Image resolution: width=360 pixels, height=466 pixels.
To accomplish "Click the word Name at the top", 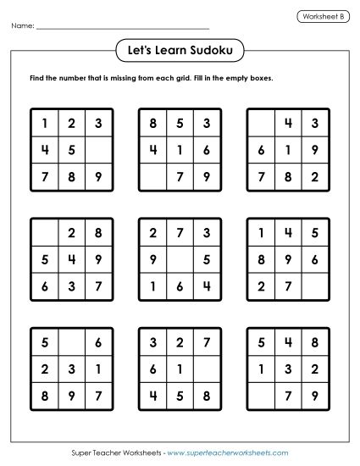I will [x=23, y=27].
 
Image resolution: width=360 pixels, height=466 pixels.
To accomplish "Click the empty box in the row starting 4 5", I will [x=99, y=152].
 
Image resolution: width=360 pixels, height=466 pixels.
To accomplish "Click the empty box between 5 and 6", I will [x=71, y=342].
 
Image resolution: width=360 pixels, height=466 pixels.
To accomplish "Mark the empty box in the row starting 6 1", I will [x=207, y=369].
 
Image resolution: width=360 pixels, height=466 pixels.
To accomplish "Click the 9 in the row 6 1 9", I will [x=315, y=152].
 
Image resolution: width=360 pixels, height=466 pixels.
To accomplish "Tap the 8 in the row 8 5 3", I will [x=152, y=124].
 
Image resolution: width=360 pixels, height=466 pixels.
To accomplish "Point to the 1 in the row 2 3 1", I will [x=99, y=369].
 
